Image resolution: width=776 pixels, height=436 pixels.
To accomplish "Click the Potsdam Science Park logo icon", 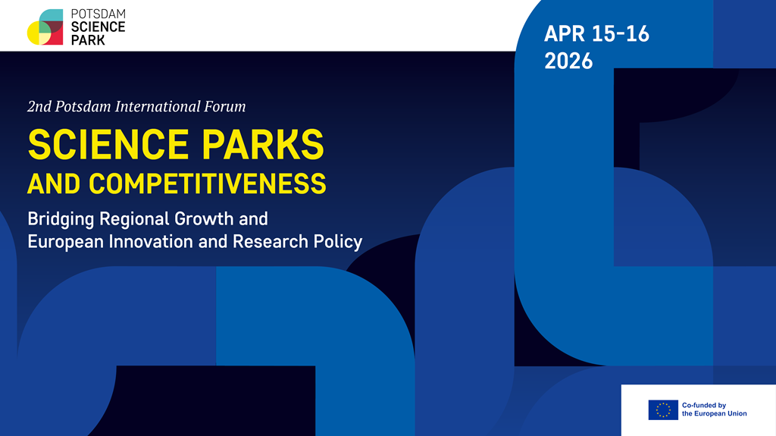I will coord(45,27).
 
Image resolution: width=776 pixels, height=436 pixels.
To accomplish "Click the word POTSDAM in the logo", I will coord(98,14).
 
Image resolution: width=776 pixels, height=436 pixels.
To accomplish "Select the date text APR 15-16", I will coord(596,34).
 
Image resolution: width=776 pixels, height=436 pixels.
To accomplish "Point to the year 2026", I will coord(568,61).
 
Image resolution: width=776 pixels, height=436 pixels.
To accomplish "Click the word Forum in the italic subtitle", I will coord(225,107).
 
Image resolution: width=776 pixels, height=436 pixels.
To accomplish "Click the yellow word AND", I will coord(55,183).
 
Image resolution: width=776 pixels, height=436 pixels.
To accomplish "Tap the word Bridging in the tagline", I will coord(60,220).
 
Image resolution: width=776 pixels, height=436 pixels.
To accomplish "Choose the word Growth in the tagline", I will coord(205,220).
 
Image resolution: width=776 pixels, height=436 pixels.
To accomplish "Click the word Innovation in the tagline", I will coord(143,243).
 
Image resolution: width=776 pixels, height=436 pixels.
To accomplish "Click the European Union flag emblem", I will coord(663,409).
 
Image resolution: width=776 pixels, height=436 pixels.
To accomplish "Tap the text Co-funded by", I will coord(704,405).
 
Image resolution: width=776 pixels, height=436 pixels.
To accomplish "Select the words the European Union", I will coord(714,414).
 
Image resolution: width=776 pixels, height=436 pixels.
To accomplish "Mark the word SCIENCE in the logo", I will coord(98,27).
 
